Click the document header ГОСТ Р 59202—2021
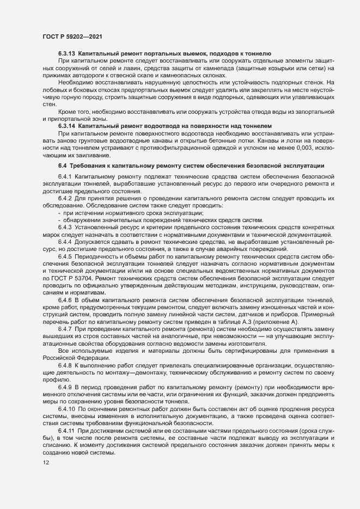(72, 36)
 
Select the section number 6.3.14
(66, 125)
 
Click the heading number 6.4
(62, 165)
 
